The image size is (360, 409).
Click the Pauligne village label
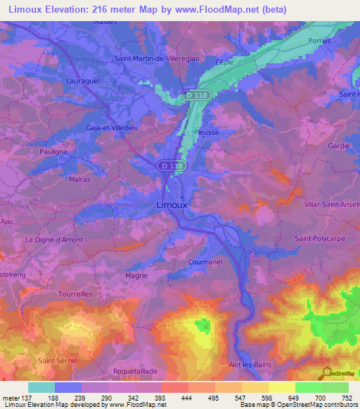click(53, 151)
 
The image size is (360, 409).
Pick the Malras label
click(79, 179)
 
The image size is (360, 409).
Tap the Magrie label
click(136, 276)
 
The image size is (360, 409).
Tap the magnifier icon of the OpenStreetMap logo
click(326, 373)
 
